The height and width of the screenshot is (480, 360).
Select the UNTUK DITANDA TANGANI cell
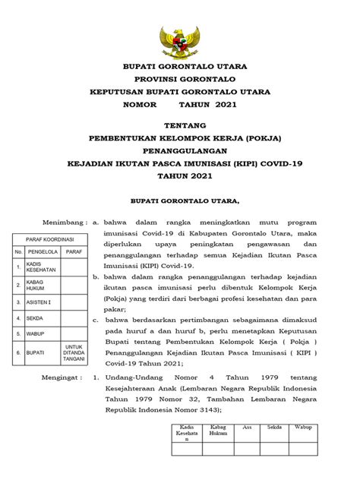(74, 353)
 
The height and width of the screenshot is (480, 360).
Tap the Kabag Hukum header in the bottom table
(219, 431)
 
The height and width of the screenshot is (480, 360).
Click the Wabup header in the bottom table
(304, 428)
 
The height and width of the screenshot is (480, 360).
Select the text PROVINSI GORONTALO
(180, 79)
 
